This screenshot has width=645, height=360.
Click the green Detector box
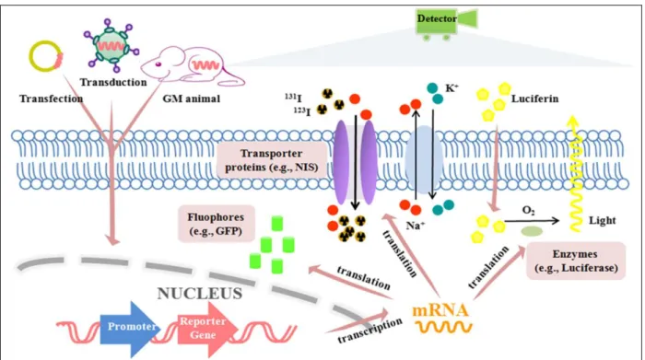pyautogui.click(x=437, y=20)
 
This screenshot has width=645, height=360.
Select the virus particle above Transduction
pyautogui.click(x=111, y=45)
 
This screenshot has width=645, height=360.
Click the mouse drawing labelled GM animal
pyautogui.click(x=193, y=66)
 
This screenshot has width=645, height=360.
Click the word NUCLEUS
pyautogui.click(x=200, y=294)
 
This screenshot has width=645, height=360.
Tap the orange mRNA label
pyautogui.click(x=440, y=309)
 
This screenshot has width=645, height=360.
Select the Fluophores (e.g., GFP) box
pyautogui.click(x=216, y=224)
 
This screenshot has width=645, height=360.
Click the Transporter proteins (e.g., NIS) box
pyautogui.click(x=272, y=160)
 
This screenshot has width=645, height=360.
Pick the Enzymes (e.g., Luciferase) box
pyautogui.click(x=576, y=261)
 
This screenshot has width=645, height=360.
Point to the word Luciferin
pyautogui.click(x=534, y=99)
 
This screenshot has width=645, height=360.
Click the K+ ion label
pyautogui.click(x=451, y=88)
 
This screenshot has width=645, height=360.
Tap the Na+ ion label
pyautogui.click(x=415, y=226)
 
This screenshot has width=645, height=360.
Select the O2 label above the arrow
pyautogui.click(x=528, y=211)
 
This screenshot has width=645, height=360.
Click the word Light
pyautogui.click(x=603, y=220)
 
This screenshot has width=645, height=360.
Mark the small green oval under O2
pyautogui.click(x=532, y=231)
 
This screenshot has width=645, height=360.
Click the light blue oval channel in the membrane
pyautogui.click(x=424, y=160)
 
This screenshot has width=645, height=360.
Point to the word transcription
pyautogui.click(x=369, y=331)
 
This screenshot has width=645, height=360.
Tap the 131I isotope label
pyautogui.click(x=293, y=98)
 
